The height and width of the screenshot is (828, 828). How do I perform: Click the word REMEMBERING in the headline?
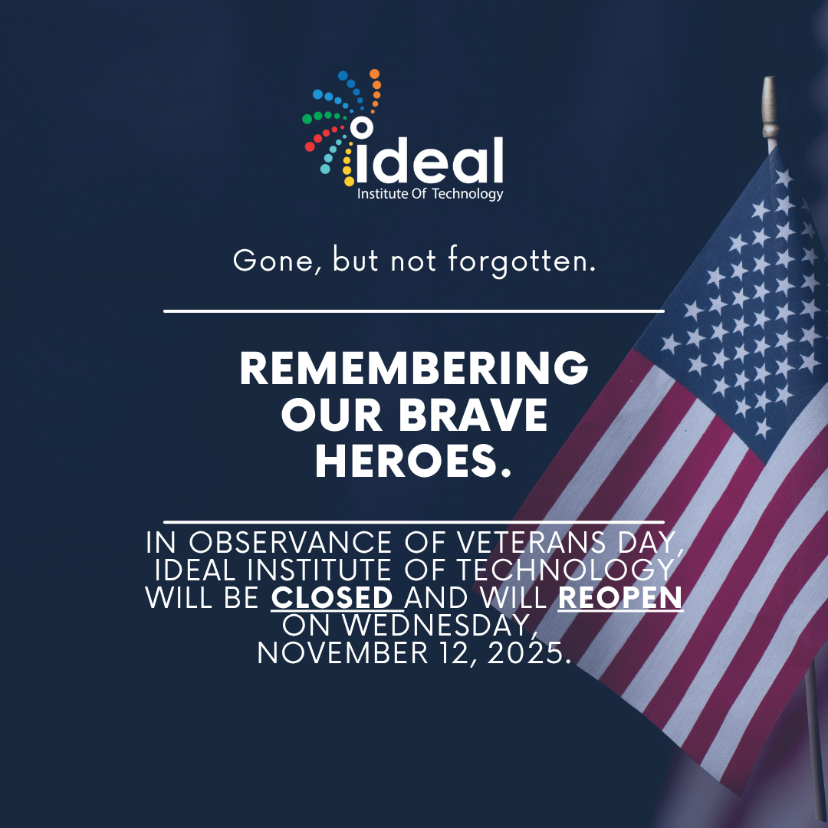pyautogui.click(x=414, y=368)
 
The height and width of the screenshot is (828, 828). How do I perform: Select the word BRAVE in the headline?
pyautogui.click(x=472, y=415)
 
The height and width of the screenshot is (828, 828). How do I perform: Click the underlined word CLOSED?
pyautogui.click(x=332, y=597)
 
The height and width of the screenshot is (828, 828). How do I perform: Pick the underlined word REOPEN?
pyautogui.click(x=620, y=597)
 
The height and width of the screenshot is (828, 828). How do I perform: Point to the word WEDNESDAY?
pyautogui.click(x=436, y=626)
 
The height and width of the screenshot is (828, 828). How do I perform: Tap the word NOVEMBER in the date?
pyautogui.click(x=342, y=653)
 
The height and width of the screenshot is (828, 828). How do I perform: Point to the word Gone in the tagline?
pyautogui.click(x=274, y=261)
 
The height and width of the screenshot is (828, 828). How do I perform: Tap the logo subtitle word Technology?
pyautogui.click(x=468, y=194)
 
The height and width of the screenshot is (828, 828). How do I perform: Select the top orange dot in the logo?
pyautogui.click(x=374, y=74)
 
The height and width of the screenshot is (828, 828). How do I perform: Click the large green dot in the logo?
pyautogui.click(x=307, y=119)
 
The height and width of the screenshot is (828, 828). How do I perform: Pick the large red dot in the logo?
pyautogui.click(x=310, y=146)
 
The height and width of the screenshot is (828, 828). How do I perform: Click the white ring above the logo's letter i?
pyautogui.click(x=362, y=127)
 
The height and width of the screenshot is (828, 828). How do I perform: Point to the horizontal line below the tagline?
pyautogui.click(x=414, y=311)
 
